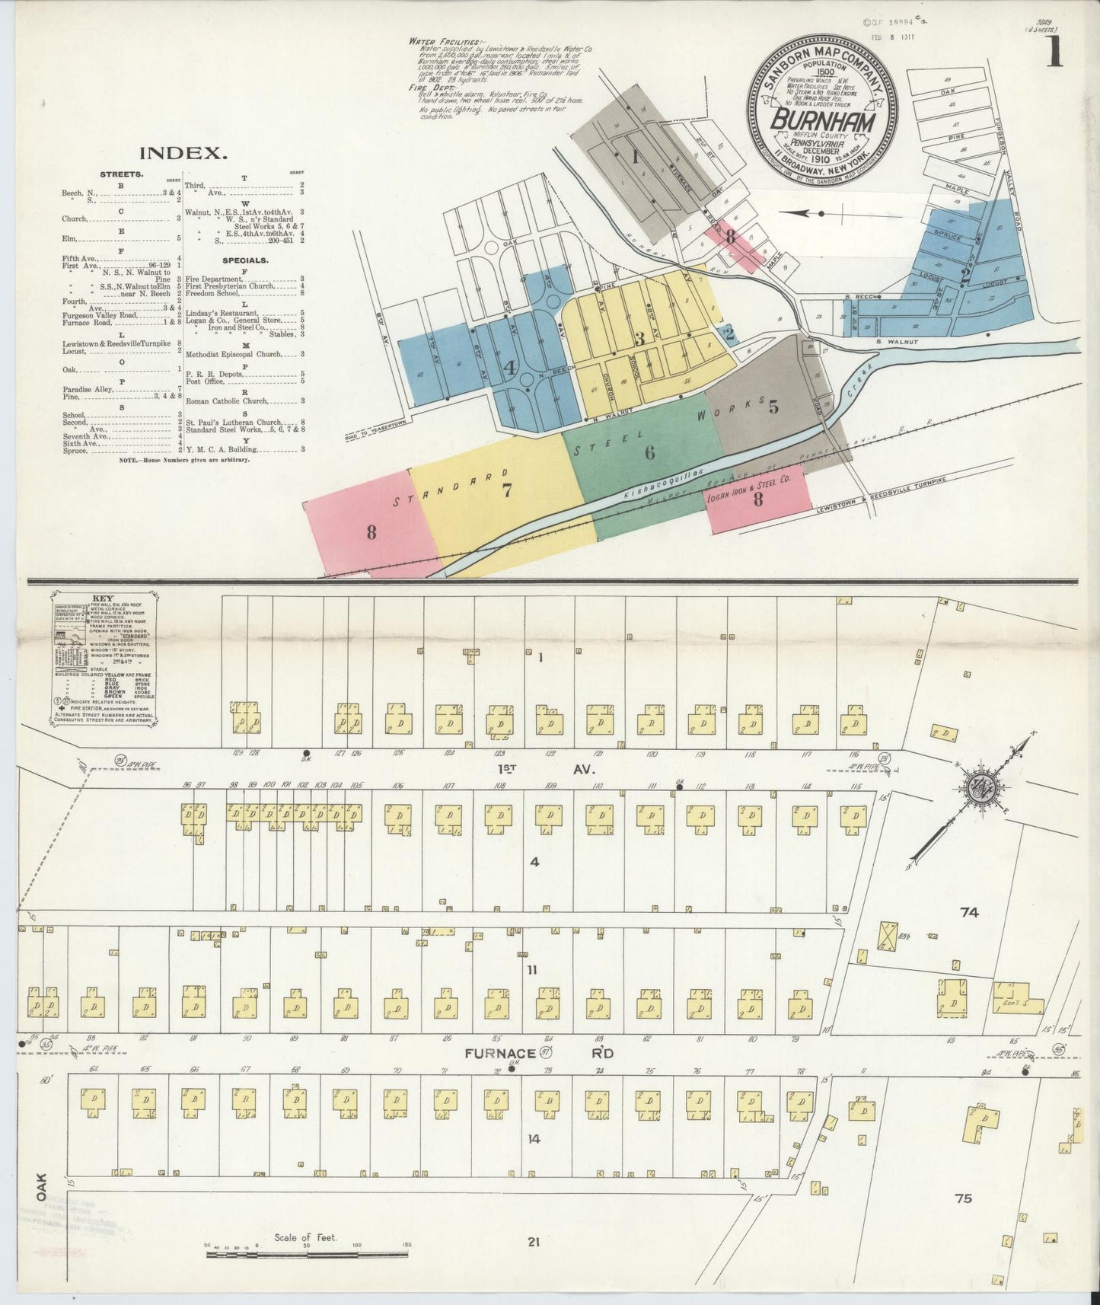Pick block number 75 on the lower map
click(x=963, y=1198)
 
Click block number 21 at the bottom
click(x=533, y=1242)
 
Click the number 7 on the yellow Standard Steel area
click(x=506, y=490)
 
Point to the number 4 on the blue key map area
click(x=509, y=368)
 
